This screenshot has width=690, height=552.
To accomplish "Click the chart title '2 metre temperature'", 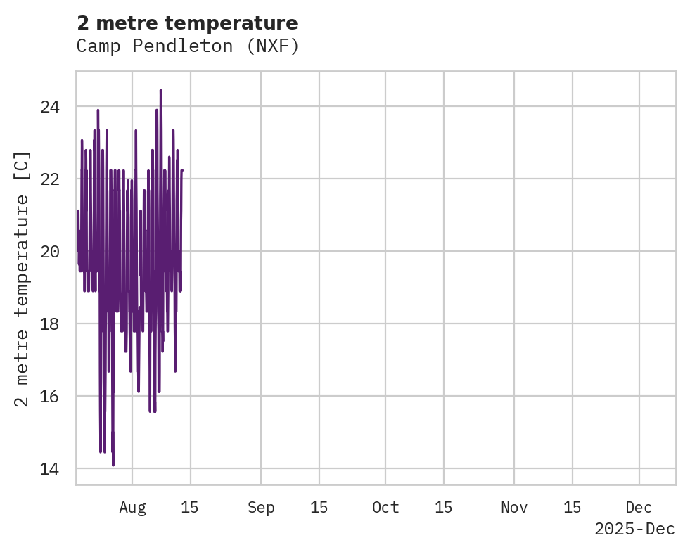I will [x=187, y=23].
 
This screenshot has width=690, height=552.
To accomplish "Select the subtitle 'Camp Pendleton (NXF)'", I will [x=188, y=46].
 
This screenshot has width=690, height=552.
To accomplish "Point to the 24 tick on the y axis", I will [x=49, y=107].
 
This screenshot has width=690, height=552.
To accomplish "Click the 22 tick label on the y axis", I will [x=49, y=179].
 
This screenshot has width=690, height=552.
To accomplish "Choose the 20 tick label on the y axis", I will [x=49, y=252].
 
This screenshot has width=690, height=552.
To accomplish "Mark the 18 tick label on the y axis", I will [x=49, y=324].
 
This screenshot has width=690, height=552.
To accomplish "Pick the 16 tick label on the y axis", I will [x=49, y=397].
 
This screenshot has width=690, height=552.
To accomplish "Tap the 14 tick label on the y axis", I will [x=49, y=469].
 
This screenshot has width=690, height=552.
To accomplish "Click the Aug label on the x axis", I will [x=132, y=508].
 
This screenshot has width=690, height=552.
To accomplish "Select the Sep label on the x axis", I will [x=261, y=508].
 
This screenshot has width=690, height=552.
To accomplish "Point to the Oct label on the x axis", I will [x=385, y=508].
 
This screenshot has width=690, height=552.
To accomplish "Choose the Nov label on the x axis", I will [x=514, y=508].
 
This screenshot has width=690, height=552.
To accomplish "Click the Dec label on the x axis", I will [x=639, y=508].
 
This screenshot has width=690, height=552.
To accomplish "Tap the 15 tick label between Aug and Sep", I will [x=190, y=508].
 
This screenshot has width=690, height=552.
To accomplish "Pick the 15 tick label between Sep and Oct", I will [x=319, y=508].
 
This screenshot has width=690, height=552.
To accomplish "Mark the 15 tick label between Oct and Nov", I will [x=444, y=508].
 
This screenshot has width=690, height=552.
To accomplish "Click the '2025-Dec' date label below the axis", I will [x=634, y=529].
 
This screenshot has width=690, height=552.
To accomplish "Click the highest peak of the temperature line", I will [x=160, y=91].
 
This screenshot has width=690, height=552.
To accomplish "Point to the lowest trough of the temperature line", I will [x=113, y=464].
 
